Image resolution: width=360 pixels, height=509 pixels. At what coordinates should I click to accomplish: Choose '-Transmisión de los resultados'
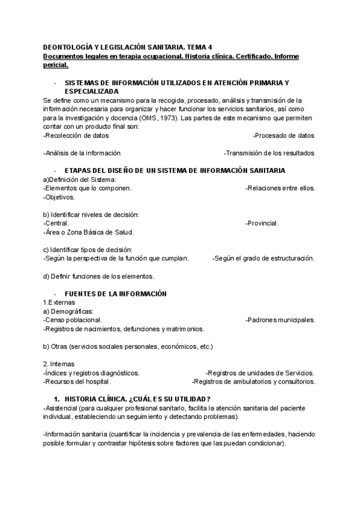pyautogui.click(x=269, y=153)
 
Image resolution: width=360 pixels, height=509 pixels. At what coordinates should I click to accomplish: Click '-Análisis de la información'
pyautogui.click(x=82, y=153)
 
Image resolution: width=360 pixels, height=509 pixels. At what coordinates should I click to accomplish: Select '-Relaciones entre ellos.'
pyautogui.click(x=280, y=188)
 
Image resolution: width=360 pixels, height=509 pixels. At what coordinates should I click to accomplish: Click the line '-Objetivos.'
pyautogui.click(x=59, y=197)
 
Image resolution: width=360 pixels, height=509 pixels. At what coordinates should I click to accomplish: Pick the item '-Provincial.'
pyautogui.click(x=262, y=223)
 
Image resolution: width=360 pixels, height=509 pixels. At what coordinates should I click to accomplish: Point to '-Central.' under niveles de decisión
pyautogui.click(x=56, y=223)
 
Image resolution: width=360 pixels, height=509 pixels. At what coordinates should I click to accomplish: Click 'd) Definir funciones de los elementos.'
pyautogui.click(x=99, y=276)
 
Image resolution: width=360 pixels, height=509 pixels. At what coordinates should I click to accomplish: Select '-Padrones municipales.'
pyautogui.click(x=280, y=320)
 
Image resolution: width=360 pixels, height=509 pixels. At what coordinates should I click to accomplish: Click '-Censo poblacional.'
pyautogui.click(x=73, y=320)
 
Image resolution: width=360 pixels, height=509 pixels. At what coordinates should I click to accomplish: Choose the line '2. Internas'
pyautogui.click(x=59, y=364)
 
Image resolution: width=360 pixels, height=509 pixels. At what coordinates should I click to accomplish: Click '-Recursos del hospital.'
pyautogui.click(x=77, y=382)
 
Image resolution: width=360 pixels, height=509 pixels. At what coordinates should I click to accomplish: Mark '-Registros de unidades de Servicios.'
pyautogui.click(x=260, y=373)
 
